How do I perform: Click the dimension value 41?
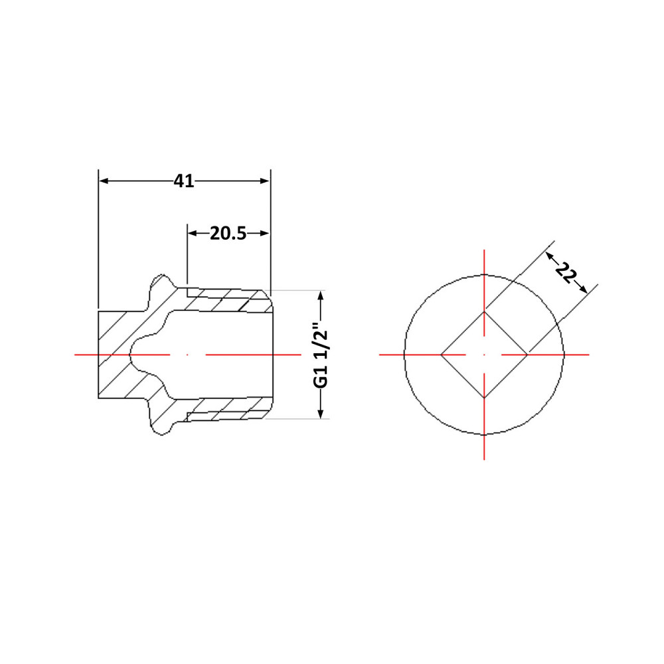[184, 181]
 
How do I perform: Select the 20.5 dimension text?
[228, 233]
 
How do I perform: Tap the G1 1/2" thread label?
[321, 355]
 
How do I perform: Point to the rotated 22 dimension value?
[566, 273]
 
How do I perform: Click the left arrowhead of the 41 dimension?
[104, 181]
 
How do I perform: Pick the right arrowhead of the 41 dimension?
[265, 181]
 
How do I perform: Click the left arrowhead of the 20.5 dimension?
[193, 233]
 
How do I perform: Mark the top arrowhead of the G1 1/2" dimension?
[321, 295]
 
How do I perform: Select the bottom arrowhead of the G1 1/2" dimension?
[321, 414]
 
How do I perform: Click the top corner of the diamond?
[484, 311]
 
